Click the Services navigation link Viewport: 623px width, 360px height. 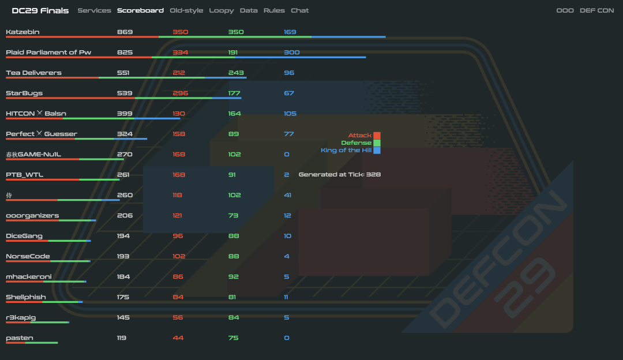pos(94,10)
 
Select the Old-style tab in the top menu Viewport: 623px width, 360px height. pos(186,10)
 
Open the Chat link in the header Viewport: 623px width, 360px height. pos(299,10)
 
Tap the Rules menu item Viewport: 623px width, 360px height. pos(274,10)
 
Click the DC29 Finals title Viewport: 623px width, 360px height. pos(40,10)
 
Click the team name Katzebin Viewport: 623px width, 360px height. pos(22,32)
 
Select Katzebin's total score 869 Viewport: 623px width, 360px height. pos(125,32)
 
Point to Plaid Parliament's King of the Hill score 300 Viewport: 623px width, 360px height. pos(291,52)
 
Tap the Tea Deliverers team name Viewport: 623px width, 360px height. pos(33,73)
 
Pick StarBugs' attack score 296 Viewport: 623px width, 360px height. pos(180,93)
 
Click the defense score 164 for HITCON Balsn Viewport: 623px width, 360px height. pos(234,114)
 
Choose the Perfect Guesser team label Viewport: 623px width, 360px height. pos(42,134)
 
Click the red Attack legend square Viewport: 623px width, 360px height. pos(377,136)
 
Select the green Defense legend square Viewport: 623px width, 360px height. pos(377,143)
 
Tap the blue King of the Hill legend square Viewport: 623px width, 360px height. pos(377,151)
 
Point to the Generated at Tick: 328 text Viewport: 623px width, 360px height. pos(339,174)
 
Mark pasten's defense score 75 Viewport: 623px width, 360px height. pos(233,337)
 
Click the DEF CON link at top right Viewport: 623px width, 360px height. pos(596,10)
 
